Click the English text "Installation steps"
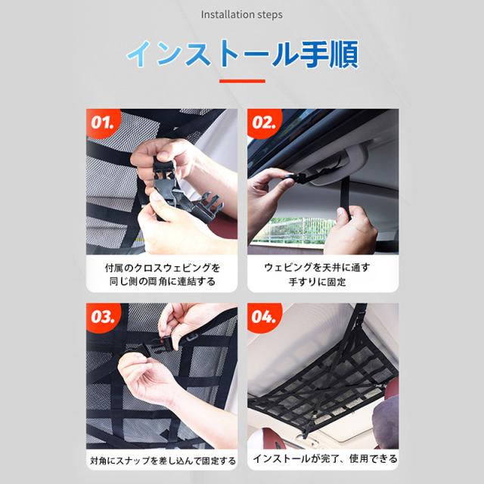(x=242, y=14)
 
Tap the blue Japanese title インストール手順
(x=242, y=54)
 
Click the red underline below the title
(x=242, y=81)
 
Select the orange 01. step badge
(x=102, y=123)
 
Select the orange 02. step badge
(x=263, y=123)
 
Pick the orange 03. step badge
(x=102, y=317)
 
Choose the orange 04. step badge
(x=263, y=317)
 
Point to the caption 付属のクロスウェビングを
(x=163, y=268)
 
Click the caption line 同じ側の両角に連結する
(x=163, y=281)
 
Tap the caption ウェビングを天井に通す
(x=317, y=267)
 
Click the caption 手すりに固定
(x=317, y=281)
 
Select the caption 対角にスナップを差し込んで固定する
(x=163, y=461)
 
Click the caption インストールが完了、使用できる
(x=324, y=459)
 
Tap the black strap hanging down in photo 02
(x=345, y=197)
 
